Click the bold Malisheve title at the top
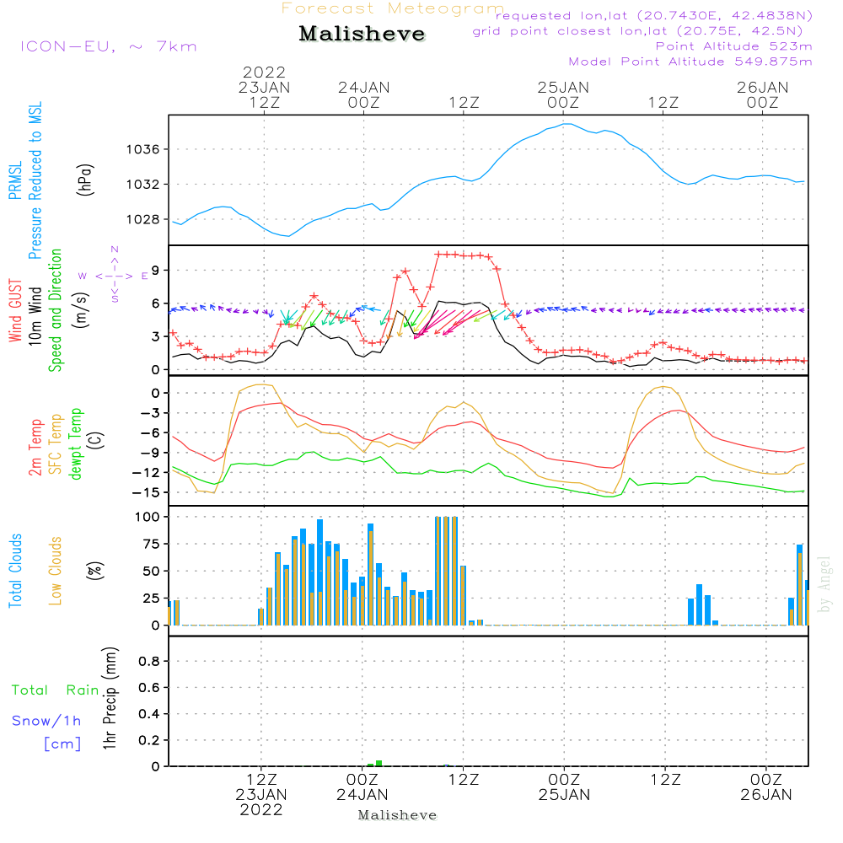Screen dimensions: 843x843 pos(362,35)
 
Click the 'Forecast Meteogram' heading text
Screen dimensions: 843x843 pos(392,8)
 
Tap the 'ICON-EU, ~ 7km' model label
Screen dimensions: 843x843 pos(108,46)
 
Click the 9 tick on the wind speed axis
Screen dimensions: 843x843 pos(156,270)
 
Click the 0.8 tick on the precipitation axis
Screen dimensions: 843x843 pos(149,662)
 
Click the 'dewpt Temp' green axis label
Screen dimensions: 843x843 pos(76,444)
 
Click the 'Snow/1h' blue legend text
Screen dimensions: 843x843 pos(46,721)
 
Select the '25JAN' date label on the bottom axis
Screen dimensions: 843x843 pos(563,795)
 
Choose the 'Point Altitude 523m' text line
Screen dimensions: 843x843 pos(733,46)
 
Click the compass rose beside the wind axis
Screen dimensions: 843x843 pos(114,275)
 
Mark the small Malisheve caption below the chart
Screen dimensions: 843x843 pos(397,815)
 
